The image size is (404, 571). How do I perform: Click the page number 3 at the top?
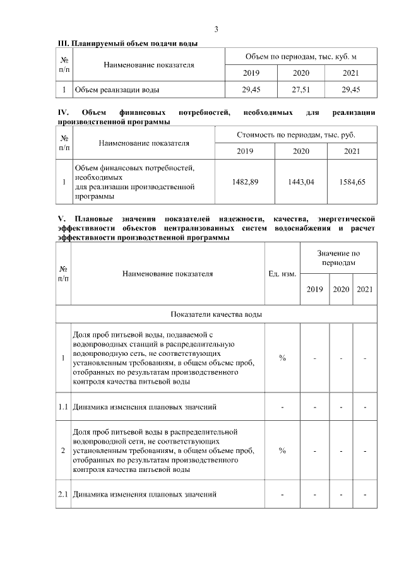216,29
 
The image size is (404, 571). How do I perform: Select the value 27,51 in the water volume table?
300,90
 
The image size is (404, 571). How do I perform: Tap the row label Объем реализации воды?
117,90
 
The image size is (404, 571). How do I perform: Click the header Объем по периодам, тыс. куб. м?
301,57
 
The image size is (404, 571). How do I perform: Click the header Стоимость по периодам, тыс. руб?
296,135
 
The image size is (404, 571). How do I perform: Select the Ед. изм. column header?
282,274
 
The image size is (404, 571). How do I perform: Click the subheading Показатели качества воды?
216,314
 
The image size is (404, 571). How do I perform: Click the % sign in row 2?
282,450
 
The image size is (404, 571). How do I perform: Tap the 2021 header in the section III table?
351,74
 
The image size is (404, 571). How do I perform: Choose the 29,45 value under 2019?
251,90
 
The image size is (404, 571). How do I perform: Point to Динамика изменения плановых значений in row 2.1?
145,494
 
